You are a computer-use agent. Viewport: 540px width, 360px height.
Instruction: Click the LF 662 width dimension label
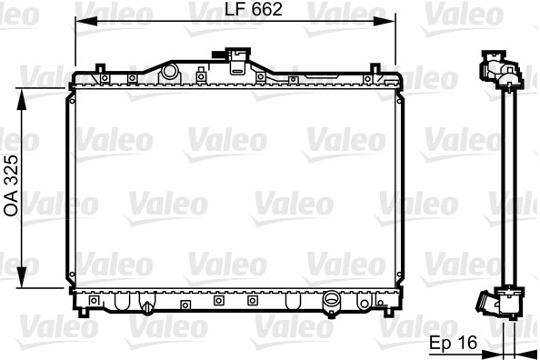(254, 9)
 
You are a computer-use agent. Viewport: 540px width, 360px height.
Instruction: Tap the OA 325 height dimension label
(12, 185)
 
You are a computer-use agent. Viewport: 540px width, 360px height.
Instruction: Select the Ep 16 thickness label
(454, 343)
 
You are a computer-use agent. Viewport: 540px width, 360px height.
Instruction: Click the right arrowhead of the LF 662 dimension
(385, 21)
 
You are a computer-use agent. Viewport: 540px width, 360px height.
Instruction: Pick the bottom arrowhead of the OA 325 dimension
(21, 277)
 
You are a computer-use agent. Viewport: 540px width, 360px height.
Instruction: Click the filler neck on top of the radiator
(237, 61)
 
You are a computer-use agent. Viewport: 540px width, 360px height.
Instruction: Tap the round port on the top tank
(169, 71)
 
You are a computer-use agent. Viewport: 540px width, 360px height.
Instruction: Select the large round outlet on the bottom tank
(331, 301)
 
